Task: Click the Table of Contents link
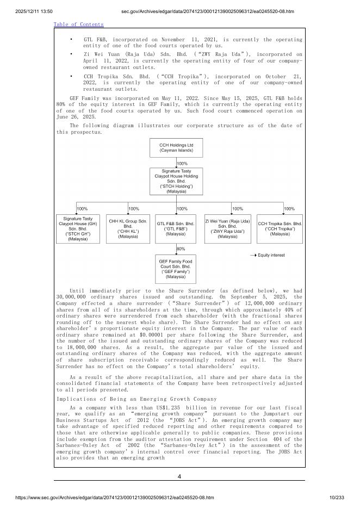78,24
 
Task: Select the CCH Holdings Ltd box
176,147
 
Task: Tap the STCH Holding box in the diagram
176,181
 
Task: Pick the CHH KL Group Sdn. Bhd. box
128,228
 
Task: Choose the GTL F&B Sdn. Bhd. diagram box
176,228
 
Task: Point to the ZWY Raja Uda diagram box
227,228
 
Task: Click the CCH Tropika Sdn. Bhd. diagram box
280,228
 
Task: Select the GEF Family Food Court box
176,269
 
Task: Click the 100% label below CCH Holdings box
183,163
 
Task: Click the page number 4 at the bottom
179,477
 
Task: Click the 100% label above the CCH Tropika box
289,208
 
